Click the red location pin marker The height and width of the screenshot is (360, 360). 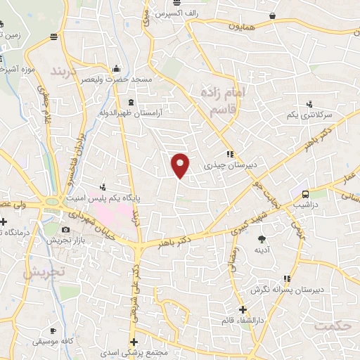click(181, 165)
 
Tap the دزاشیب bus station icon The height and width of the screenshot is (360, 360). click(305, 195)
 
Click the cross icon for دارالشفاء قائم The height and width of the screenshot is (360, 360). click(242, 309)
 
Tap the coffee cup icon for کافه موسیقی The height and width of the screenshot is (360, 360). click(53, 330)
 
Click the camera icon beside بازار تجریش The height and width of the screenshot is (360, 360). click(66, 230)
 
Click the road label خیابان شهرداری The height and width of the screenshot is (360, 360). click(98, 229)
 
